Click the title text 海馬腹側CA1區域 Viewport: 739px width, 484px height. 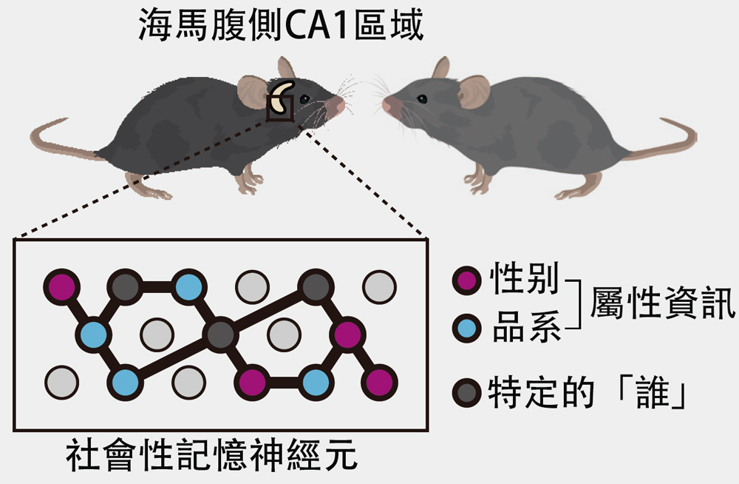[282, 24]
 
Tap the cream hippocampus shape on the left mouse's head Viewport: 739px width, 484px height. [282, 97]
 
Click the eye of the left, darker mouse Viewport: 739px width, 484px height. [304, 98]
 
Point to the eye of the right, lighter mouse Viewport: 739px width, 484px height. [422, 98]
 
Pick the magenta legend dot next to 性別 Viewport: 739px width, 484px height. [466, 280]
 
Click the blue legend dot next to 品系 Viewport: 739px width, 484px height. [466, 327]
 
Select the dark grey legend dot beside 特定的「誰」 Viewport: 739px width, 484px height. [466, 392]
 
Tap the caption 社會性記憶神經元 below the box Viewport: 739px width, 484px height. [211, 454]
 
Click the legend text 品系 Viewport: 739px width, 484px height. [527, 326]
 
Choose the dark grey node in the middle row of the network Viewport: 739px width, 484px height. [220, 335]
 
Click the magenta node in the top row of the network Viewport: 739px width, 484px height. [62, 286]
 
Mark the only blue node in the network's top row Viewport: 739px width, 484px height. [188, 286]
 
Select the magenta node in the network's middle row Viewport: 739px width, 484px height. [347, 335]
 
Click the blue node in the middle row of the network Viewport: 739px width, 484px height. [93, 335]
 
